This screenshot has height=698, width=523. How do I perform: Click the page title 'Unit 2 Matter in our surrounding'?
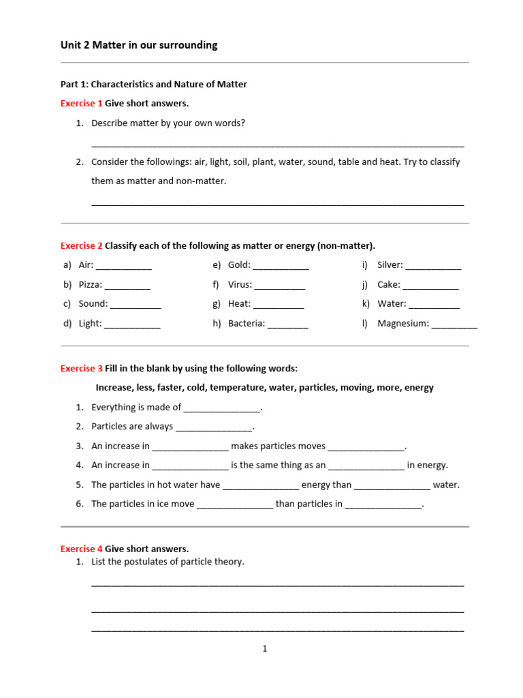point(139,45)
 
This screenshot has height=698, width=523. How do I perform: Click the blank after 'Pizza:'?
point(127,286)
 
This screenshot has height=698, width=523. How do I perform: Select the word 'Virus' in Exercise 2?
point(240,285)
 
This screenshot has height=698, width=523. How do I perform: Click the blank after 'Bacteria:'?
point(287,325)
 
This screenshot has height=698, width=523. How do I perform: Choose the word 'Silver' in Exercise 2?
point(390,265)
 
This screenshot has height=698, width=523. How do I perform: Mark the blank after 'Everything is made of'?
point(222,409)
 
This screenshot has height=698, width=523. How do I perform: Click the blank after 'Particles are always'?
point(214,428)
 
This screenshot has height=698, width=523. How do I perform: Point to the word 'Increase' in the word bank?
point(114,388)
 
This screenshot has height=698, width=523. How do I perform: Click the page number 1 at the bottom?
point(265,649)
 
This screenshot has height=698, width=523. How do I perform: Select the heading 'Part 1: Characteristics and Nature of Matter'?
point(154,85)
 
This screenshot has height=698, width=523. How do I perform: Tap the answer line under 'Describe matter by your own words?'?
point(277,145)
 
